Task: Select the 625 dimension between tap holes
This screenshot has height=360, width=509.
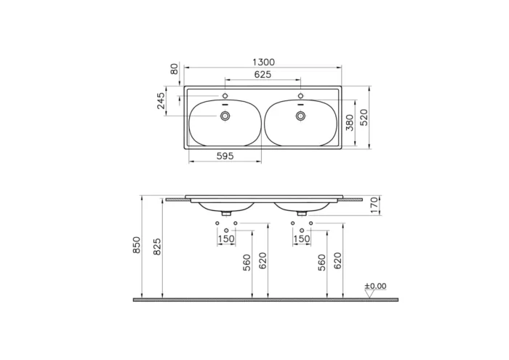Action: point(262,75)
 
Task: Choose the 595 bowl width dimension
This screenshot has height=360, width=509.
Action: point(224,156)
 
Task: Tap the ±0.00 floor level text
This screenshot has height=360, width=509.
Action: point(376,286)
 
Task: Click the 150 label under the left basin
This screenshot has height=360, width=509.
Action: point(226,239)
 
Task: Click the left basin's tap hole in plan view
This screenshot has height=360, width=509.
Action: point(225,96)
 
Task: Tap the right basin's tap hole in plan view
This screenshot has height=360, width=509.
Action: point(300,96)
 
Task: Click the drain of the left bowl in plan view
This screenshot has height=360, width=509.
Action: point(225,114)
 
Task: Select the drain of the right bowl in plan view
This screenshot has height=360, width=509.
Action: point(300,114)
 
